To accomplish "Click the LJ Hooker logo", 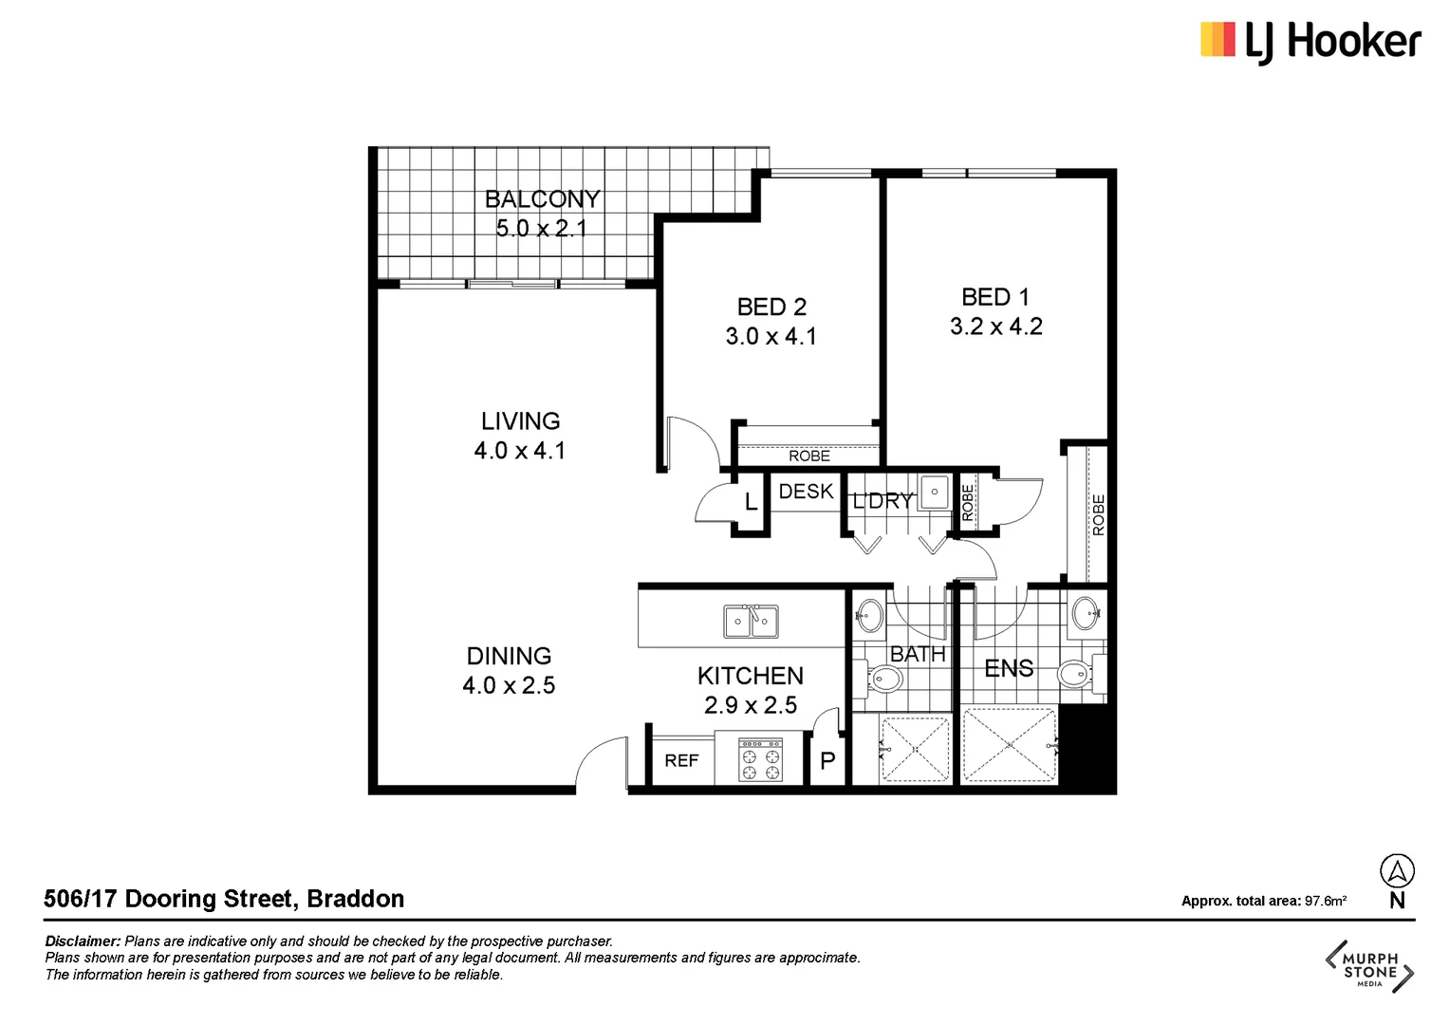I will pos(1310,42).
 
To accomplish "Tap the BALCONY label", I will pos(542,199).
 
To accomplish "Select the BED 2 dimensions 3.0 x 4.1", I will pos(771,337).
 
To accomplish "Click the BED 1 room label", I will pos(995,297).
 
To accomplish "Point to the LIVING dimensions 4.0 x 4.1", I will pos(520,451).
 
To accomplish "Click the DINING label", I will pos(509,656).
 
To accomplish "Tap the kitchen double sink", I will pos(751,623).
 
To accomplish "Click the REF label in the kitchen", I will pos(681,761).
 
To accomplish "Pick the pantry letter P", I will pos(827,761).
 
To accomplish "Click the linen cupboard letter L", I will pos(751,502).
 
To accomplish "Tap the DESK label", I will pos(806,492).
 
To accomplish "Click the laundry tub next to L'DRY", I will pos(934,493).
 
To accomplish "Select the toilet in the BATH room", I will pos(883,679).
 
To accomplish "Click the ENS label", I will pos(1009,669).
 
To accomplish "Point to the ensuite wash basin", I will pos(1085,614).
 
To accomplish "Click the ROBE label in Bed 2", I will pos(808,457).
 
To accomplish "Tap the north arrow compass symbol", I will pos(1397,871).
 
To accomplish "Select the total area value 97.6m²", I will pos(1325,901).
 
